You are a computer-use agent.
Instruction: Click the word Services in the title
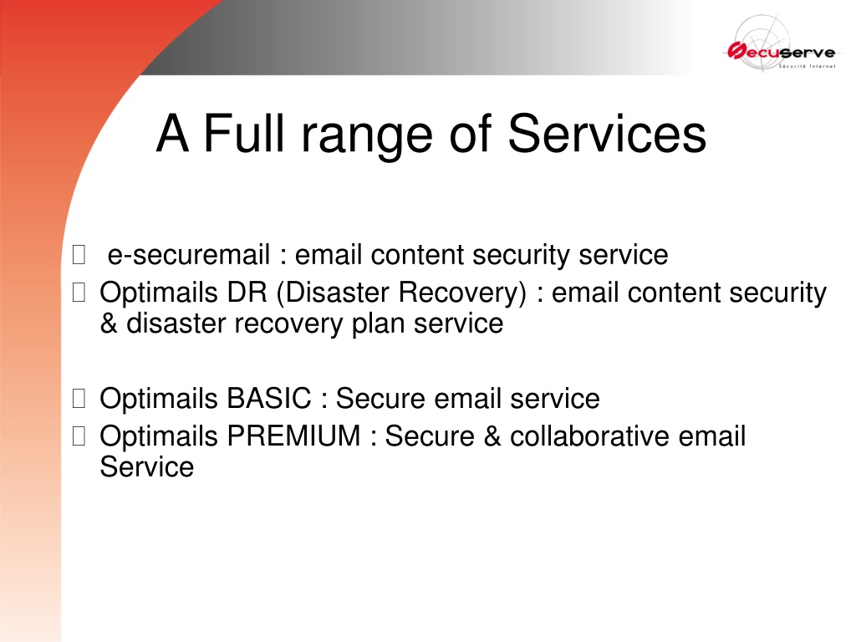[607, 134]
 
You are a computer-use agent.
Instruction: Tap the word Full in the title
[244, 133]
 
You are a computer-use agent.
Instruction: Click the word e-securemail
[189, 254]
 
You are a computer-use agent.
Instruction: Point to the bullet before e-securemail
[79, 255]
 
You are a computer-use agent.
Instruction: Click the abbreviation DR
[247, 292]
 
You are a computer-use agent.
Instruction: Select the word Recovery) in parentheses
[462, 293]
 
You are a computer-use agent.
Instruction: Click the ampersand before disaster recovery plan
[110, 324]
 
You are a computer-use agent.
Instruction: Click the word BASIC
[269, 398]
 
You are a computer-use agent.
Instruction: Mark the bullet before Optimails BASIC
[79, 399]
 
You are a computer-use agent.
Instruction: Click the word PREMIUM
[293, 436]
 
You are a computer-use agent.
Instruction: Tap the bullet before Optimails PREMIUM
[79, 436]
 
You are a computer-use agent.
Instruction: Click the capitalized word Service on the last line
[147, 466]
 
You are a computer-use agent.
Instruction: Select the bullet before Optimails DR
[79, 293]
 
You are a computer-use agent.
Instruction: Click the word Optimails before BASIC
[159, 399]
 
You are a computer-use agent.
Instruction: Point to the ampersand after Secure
[492, 436]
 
